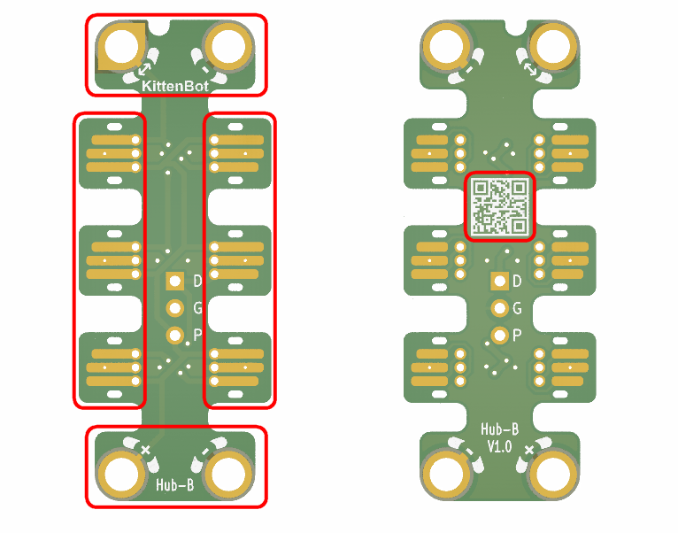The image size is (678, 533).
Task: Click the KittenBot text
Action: (175, 86)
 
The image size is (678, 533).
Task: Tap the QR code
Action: (500, 205)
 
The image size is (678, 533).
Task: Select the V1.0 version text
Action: (499, 446)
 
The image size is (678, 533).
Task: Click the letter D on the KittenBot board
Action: (197, 282)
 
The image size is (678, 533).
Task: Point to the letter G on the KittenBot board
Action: (197, 308)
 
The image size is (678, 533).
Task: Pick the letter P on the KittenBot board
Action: (197, 335)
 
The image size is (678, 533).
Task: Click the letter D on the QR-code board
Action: (518, 282)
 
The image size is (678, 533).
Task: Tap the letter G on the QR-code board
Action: (518, 308)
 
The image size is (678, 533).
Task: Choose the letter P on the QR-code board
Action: (518, 335)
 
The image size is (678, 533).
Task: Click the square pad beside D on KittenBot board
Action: (175, 282)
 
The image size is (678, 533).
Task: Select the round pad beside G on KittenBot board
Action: (175, 308)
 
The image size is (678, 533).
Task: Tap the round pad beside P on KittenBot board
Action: (175, 335)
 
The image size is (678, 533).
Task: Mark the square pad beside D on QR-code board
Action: (500, 282)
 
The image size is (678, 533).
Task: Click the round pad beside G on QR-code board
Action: (500, 308)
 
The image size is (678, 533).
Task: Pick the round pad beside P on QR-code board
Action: (500, 335)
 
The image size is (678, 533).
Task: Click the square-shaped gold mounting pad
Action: (121, 46)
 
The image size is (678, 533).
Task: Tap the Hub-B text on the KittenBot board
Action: (175, 485)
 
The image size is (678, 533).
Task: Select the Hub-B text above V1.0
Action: (499, 429)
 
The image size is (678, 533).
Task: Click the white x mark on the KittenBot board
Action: (146, 451)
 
